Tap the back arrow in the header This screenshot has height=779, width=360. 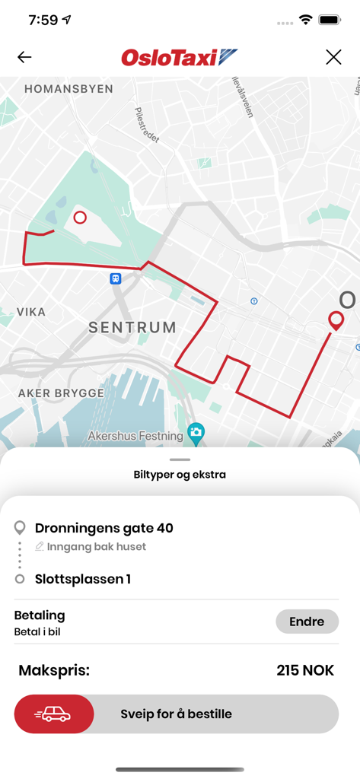[x=24, y=57]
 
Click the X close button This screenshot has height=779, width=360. [x=333, y=57]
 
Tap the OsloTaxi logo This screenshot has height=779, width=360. [x=180, y=57]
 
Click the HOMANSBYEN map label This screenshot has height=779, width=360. [x=68, y=89]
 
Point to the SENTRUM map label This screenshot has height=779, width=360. [x=132, y=328]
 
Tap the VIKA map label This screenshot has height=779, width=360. [x=30, y=312]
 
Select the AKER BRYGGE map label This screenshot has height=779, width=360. [x=61, y=393]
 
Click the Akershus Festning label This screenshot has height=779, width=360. [x=135, y=436]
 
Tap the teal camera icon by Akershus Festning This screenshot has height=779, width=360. [x=196, y=434]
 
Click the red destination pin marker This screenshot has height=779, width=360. [x=335, y=320]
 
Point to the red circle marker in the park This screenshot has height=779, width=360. [x=80, y=218]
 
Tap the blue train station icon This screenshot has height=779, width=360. [x=115, y=278]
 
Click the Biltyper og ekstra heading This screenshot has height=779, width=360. [x=180, y=475]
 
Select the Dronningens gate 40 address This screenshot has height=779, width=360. [x=104, y=528]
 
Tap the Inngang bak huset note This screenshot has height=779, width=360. [x=96, y=546]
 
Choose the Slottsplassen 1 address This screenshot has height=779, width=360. [x=83, y=579]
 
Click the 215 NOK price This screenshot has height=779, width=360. [x=305, y=671]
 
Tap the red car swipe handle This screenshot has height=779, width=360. [x=53, y=714]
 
